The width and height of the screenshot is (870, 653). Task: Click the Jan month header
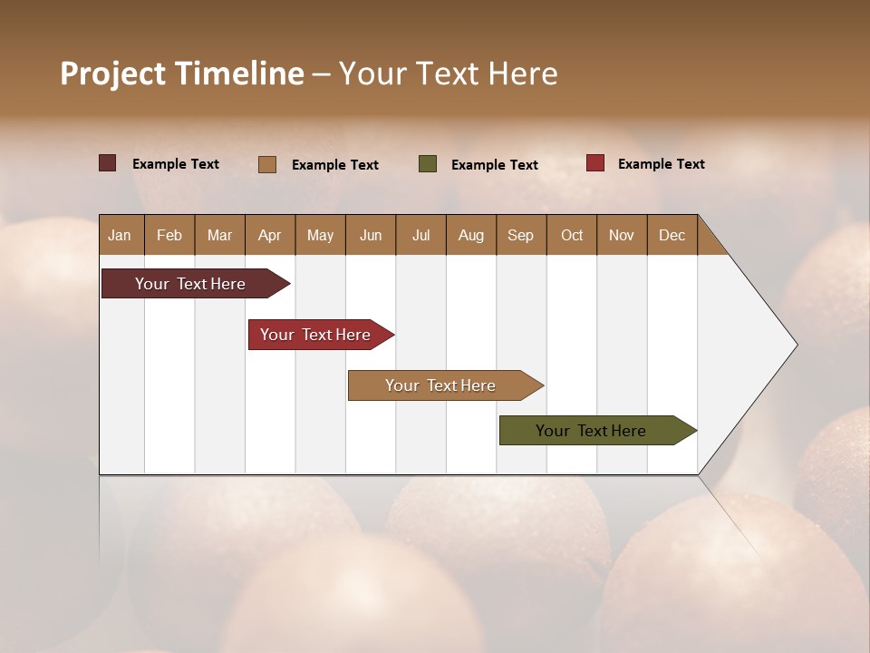(x=120, y=235)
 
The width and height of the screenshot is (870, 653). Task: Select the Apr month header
(x=269, y=235)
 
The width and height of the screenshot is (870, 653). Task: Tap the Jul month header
(x=420, y=235)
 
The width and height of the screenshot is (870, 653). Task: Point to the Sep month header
(x=520, y=235)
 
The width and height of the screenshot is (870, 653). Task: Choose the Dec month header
(x=672, y=235)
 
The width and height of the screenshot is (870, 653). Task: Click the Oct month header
(x=572, y=235)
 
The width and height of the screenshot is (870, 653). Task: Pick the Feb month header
(x=169, y=235)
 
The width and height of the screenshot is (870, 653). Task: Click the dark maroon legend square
(x=107, y=163)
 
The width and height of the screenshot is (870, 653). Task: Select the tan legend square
(x=266, y=164)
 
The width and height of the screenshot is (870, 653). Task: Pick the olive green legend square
(x=428, y=163)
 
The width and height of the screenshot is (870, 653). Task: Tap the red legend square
(x=594, y=163)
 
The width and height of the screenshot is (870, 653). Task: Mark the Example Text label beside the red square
(x=661, y=164)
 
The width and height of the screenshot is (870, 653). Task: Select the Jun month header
(x=371, y=235)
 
